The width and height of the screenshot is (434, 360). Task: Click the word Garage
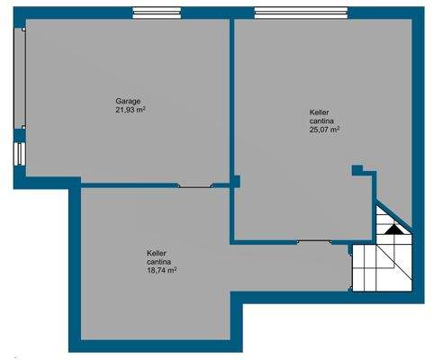point(128,101)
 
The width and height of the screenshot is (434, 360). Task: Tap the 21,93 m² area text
point(131,110)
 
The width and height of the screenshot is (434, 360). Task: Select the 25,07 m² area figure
point(324,130)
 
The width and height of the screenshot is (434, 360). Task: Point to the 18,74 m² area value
point(161,270)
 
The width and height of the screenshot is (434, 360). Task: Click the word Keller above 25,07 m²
point(320,112)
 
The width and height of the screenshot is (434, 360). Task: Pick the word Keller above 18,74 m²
point(157,254)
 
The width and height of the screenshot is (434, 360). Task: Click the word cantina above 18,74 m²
point(159,262)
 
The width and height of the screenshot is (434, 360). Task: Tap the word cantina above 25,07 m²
point(321,121)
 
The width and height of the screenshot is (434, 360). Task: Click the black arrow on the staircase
point(393,229)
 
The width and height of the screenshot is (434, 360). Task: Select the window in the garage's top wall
point(156,13)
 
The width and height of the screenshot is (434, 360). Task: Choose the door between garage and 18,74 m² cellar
point(195,185)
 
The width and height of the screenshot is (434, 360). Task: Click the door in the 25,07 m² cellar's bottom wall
point(314,241)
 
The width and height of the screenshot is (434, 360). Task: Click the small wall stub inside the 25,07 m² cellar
point(358,169)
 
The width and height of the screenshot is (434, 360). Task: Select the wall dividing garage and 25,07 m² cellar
point(233,99)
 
